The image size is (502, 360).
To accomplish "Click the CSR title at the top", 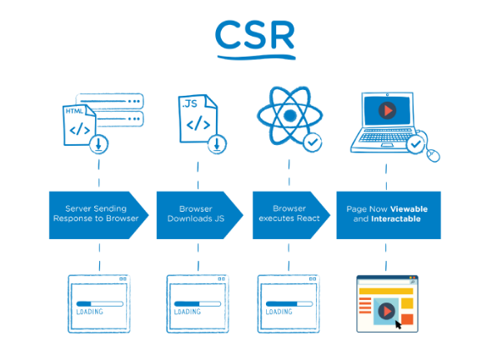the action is coord(255,35).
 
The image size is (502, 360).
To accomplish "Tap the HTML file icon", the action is coord(79,125).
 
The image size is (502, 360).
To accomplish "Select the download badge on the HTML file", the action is coord(98,144).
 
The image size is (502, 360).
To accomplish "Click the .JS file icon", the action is coord(198,118).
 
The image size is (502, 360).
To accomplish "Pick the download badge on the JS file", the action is coord(217,144).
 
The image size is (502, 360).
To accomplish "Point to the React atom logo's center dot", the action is coord(290,115).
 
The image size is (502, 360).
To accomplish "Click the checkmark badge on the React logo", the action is coord(313,142).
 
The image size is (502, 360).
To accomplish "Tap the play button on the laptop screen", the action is coord(388,110).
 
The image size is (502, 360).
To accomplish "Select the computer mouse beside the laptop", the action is coord(433,156).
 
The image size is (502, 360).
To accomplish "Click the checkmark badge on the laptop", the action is coord(415,145).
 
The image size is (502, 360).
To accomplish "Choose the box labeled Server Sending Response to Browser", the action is coord(98,215).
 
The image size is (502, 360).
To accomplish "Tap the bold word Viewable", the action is coord(409,209).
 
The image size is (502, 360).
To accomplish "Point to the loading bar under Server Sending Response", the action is coord(99,303).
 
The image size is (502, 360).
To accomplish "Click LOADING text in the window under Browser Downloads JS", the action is coord(188,312).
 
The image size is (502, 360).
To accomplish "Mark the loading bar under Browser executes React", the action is coord(289,303).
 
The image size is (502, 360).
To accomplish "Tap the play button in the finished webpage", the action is coord(386,311).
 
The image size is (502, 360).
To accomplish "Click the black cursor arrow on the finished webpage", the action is coord(398,324).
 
